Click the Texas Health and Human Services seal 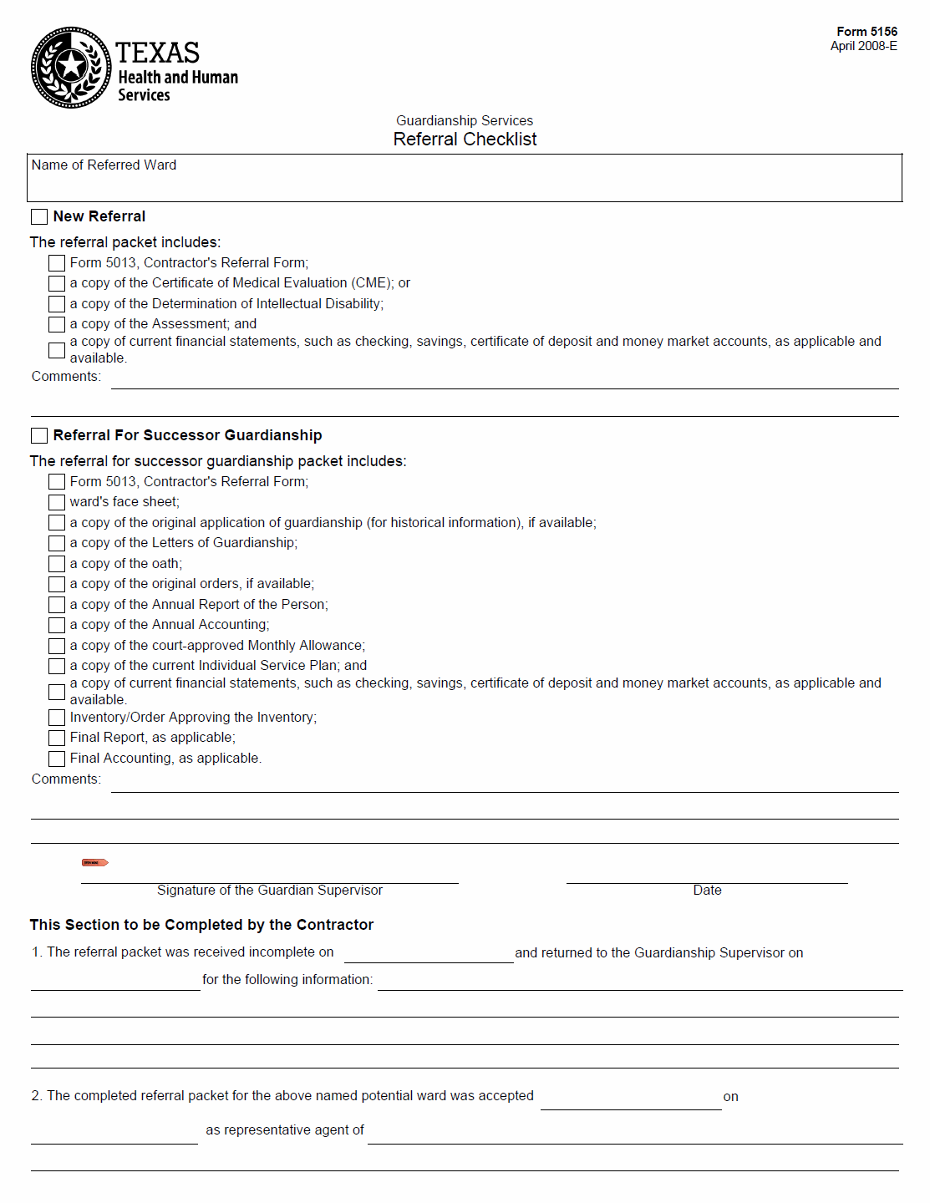tap(71, 68)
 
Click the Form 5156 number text tap(866, 32)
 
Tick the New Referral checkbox tap(39, 217)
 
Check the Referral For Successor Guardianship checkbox tap(39, 436)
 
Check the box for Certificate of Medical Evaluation tap(57, 284)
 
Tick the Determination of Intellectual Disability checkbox tap(57, 304)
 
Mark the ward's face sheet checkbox tap(57, 502)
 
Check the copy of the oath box tap(57, 564)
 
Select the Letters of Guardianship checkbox tap(57, 543)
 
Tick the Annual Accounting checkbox tap(57, 625)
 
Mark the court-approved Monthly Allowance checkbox tap(57, 646)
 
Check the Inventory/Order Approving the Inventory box tap(57, 718)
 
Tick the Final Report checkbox tap(57, 738)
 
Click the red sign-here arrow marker tap(94, 862)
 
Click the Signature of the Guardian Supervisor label tap(269, 891)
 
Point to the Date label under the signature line tap(707, 891)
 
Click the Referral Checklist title tap(465, 140)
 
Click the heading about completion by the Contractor tap(201, 925)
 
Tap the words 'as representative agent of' tap(285, 1130)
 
